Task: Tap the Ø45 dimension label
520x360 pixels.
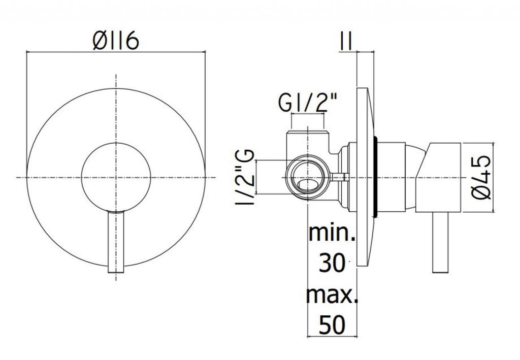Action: coord(480,178)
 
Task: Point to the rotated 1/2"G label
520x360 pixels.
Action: coord(246,178)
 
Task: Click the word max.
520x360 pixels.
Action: coord(332,294)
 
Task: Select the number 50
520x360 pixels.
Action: coord(332,325)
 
